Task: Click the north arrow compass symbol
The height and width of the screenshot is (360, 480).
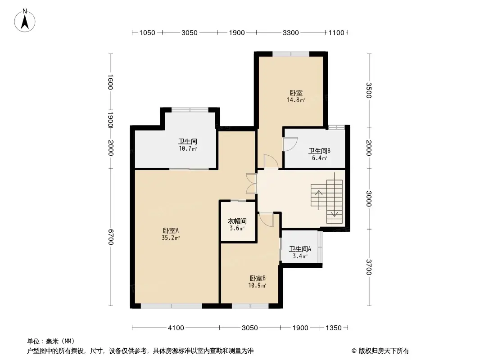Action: pos(25,21)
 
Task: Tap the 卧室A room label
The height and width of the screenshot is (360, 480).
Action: pos(171,230)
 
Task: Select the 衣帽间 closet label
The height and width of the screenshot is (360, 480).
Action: pos(237,221)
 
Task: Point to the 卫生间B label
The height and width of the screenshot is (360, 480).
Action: pos(319,151)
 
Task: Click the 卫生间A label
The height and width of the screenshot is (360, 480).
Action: pos(300,249)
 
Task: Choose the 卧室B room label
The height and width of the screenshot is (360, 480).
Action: pos(258,279)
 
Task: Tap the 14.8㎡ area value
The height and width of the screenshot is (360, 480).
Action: pos(296,100)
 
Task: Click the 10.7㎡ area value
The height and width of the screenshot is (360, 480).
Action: pos(188,148)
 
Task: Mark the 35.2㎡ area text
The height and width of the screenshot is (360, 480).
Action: pos(171,238)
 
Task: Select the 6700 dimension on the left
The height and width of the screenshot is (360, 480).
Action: pos(110,237)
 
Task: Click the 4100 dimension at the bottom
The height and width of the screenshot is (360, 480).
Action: pos(176,328)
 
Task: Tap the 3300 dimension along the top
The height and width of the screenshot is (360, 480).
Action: pos(290,32)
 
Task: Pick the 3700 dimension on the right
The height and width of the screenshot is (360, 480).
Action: pos(369,267)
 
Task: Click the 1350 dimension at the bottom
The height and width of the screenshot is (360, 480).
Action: pos(333,328)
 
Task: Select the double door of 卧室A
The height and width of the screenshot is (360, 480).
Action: pos(251,184)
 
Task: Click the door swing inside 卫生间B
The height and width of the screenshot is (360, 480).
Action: pos(290,144)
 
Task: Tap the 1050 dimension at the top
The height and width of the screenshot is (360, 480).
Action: pos(147,32)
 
